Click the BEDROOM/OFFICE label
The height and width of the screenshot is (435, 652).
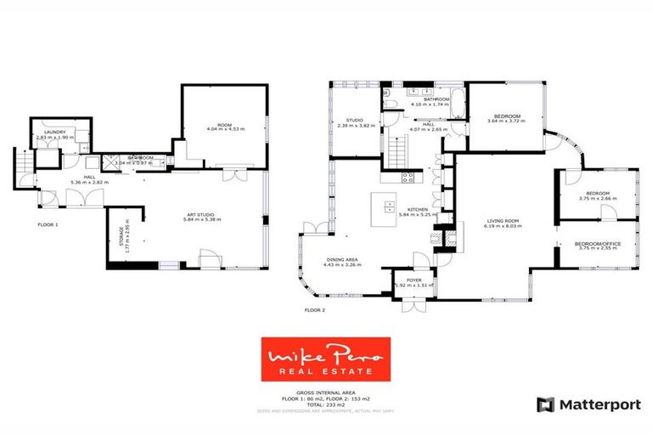(598, 244)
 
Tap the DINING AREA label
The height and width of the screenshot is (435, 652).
(343, 260)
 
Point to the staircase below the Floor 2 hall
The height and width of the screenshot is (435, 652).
(397, 155)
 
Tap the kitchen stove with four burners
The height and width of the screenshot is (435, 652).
(407, 178)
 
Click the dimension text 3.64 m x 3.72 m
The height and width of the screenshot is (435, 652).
(507, 121)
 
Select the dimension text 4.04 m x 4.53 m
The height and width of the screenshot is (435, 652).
(224, 129)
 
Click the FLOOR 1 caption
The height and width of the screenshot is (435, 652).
(48, 225)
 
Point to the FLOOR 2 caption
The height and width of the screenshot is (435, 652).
(315, 311)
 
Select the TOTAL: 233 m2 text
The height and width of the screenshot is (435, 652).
(326, 404)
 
